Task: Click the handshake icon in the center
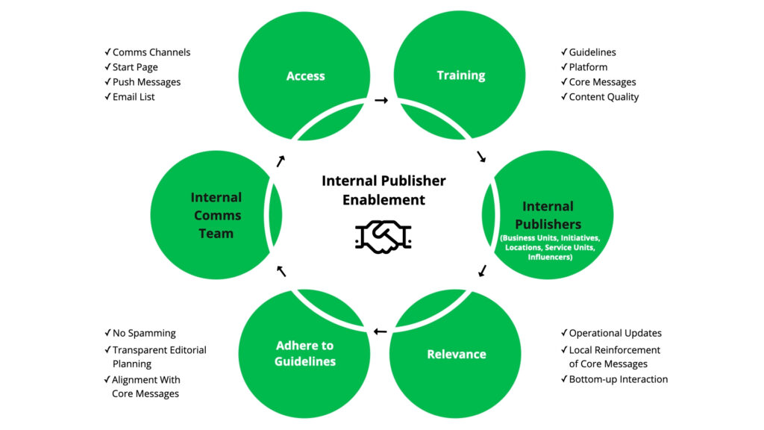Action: point(383,237)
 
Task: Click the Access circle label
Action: point(306,75)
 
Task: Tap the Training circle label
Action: point(461,75)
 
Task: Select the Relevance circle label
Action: point(457,354)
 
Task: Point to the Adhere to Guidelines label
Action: point(304,353)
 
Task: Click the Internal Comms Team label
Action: point(216,215)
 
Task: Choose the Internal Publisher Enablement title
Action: point(383,190)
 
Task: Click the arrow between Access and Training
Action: point(381,100)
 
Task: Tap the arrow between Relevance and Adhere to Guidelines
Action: point(381,331)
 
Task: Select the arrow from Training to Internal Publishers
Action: point(481,157)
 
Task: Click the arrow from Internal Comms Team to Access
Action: point(281,161)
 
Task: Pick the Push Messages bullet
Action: point(146,82)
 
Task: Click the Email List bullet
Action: point(134,97)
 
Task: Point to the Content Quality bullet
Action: point(604,97)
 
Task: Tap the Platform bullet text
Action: point(588,67)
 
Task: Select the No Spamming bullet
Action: point(144,333)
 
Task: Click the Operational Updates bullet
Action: point(615,333)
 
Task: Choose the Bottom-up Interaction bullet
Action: point(618,379)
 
